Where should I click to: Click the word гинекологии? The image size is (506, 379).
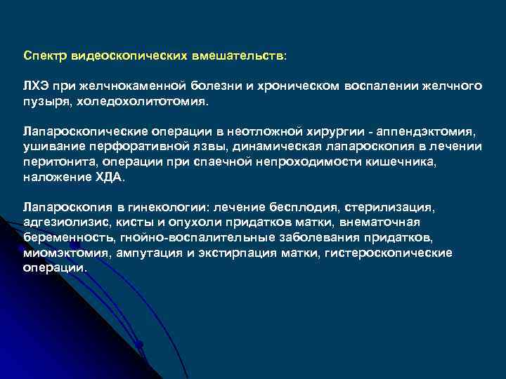pos(165,208)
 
